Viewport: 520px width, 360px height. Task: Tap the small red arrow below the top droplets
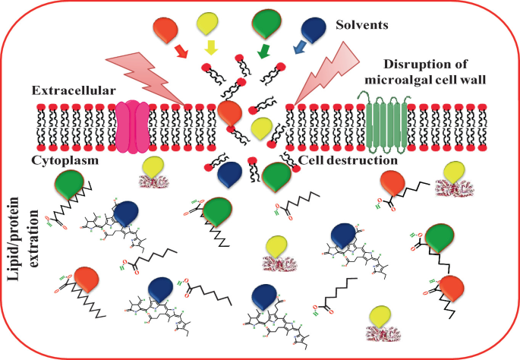click(180, 52)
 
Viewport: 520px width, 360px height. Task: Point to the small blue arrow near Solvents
click(299, 48)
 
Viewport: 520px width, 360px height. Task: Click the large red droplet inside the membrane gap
click(231, 114)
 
